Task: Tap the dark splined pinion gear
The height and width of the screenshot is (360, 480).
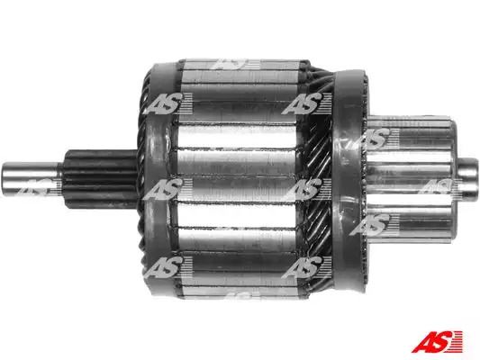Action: coord(100,179)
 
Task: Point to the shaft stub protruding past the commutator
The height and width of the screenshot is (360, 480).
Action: coord(468,178)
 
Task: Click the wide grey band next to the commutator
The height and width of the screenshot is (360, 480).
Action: coord(350,181)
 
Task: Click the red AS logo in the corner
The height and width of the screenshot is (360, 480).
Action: coord(437,342)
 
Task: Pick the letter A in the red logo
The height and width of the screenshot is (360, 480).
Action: coord(424,342)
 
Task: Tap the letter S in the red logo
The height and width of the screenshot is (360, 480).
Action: coord(443,342)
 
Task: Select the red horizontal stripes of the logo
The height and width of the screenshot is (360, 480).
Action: coord(457,342)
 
